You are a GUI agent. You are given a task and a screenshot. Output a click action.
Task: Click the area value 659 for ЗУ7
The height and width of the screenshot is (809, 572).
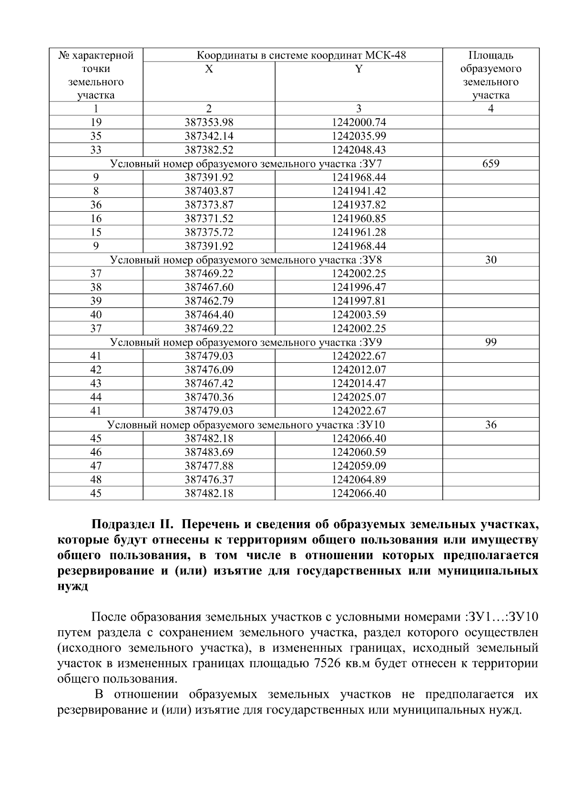490,164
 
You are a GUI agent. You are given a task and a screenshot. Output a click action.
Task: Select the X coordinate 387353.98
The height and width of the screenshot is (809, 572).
209,123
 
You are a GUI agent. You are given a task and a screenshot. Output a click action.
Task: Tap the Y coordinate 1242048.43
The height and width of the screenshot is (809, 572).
358,150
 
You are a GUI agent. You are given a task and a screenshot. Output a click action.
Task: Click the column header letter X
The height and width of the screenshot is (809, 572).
209,69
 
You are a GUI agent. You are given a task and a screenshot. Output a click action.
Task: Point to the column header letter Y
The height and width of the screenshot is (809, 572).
358,69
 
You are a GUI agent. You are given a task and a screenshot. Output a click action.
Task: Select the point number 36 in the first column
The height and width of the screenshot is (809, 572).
96,205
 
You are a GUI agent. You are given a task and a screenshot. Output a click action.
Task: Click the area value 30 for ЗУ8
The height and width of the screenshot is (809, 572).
490,260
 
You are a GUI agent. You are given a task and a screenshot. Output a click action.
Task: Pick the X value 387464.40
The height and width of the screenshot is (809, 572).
209,315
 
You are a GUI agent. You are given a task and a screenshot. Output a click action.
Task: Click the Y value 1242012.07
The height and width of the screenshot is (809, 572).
358,370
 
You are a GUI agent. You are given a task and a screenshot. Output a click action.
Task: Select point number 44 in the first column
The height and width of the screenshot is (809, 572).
96,398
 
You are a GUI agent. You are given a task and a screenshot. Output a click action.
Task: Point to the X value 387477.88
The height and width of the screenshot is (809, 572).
209,466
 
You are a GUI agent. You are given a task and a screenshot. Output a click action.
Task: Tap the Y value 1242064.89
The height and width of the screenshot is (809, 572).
358,480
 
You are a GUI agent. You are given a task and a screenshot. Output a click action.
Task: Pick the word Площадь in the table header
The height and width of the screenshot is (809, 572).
490,55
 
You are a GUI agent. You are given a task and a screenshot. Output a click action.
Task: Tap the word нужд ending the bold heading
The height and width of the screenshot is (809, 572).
72,587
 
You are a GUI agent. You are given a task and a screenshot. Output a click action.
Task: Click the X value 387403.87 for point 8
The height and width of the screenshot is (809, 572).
209,192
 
